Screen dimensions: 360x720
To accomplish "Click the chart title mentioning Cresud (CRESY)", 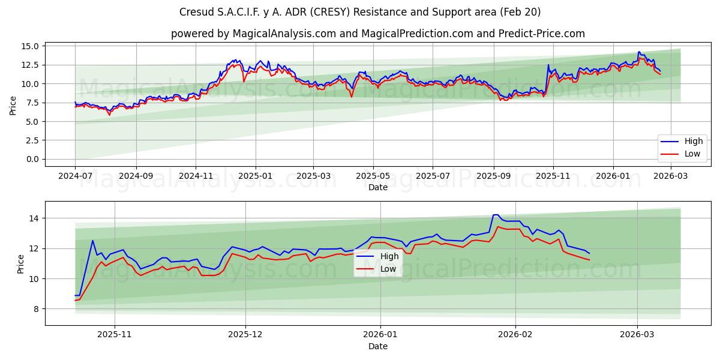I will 360,12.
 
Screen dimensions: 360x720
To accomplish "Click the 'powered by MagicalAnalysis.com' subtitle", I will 378,34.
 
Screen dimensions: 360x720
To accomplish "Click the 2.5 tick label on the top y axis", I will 31,140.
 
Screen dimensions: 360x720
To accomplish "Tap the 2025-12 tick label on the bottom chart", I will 246,334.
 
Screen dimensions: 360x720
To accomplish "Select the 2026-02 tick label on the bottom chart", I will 515,334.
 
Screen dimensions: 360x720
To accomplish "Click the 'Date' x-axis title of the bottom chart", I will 378,346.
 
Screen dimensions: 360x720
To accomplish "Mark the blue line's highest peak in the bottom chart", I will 495,215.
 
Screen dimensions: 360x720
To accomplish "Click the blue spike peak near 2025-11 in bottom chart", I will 92,241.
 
